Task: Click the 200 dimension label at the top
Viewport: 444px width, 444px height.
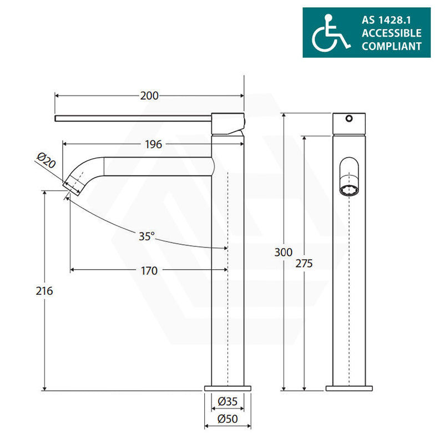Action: click(x=149, y=95)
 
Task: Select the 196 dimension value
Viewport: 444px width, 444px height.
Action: click(x=153, y=144)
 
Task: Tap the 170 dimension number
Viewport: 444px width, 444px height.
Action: click(x=149, y=271)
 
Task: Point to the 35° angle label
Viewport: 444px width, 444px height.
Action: click(x=147, y=236)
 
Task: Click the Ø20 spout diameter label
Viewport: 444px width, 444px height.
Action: click(x=46, y=162)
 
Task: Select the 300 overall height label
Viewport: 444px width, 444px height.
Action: click(x=284, y=252)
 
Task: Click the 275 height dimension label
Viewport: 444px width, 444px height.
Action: click(x=304, y=263)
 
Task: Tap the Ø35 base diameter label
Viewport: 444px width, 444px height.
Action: click(x=228, y=401)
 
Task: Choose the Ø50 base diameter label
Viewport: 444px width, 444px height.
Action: click(x=228, y=420)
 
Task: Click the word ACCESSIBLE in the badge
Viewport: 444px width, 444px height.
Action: click(x=391, y=33)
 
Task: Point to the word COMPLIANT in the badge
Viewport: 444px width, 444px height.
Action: click(x=391, y=47)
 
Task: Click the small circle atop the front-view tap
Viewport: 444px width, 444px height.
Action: click(x=349, y=118)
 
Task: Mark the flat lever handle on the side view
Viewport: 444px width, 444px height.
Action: click(x=133, y=118)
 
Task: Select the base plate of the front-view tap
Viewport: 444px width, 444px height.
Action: click(x=349, y=387)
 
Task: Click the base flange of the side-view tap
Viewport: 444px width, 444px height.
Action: click(x=228, y=387)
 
